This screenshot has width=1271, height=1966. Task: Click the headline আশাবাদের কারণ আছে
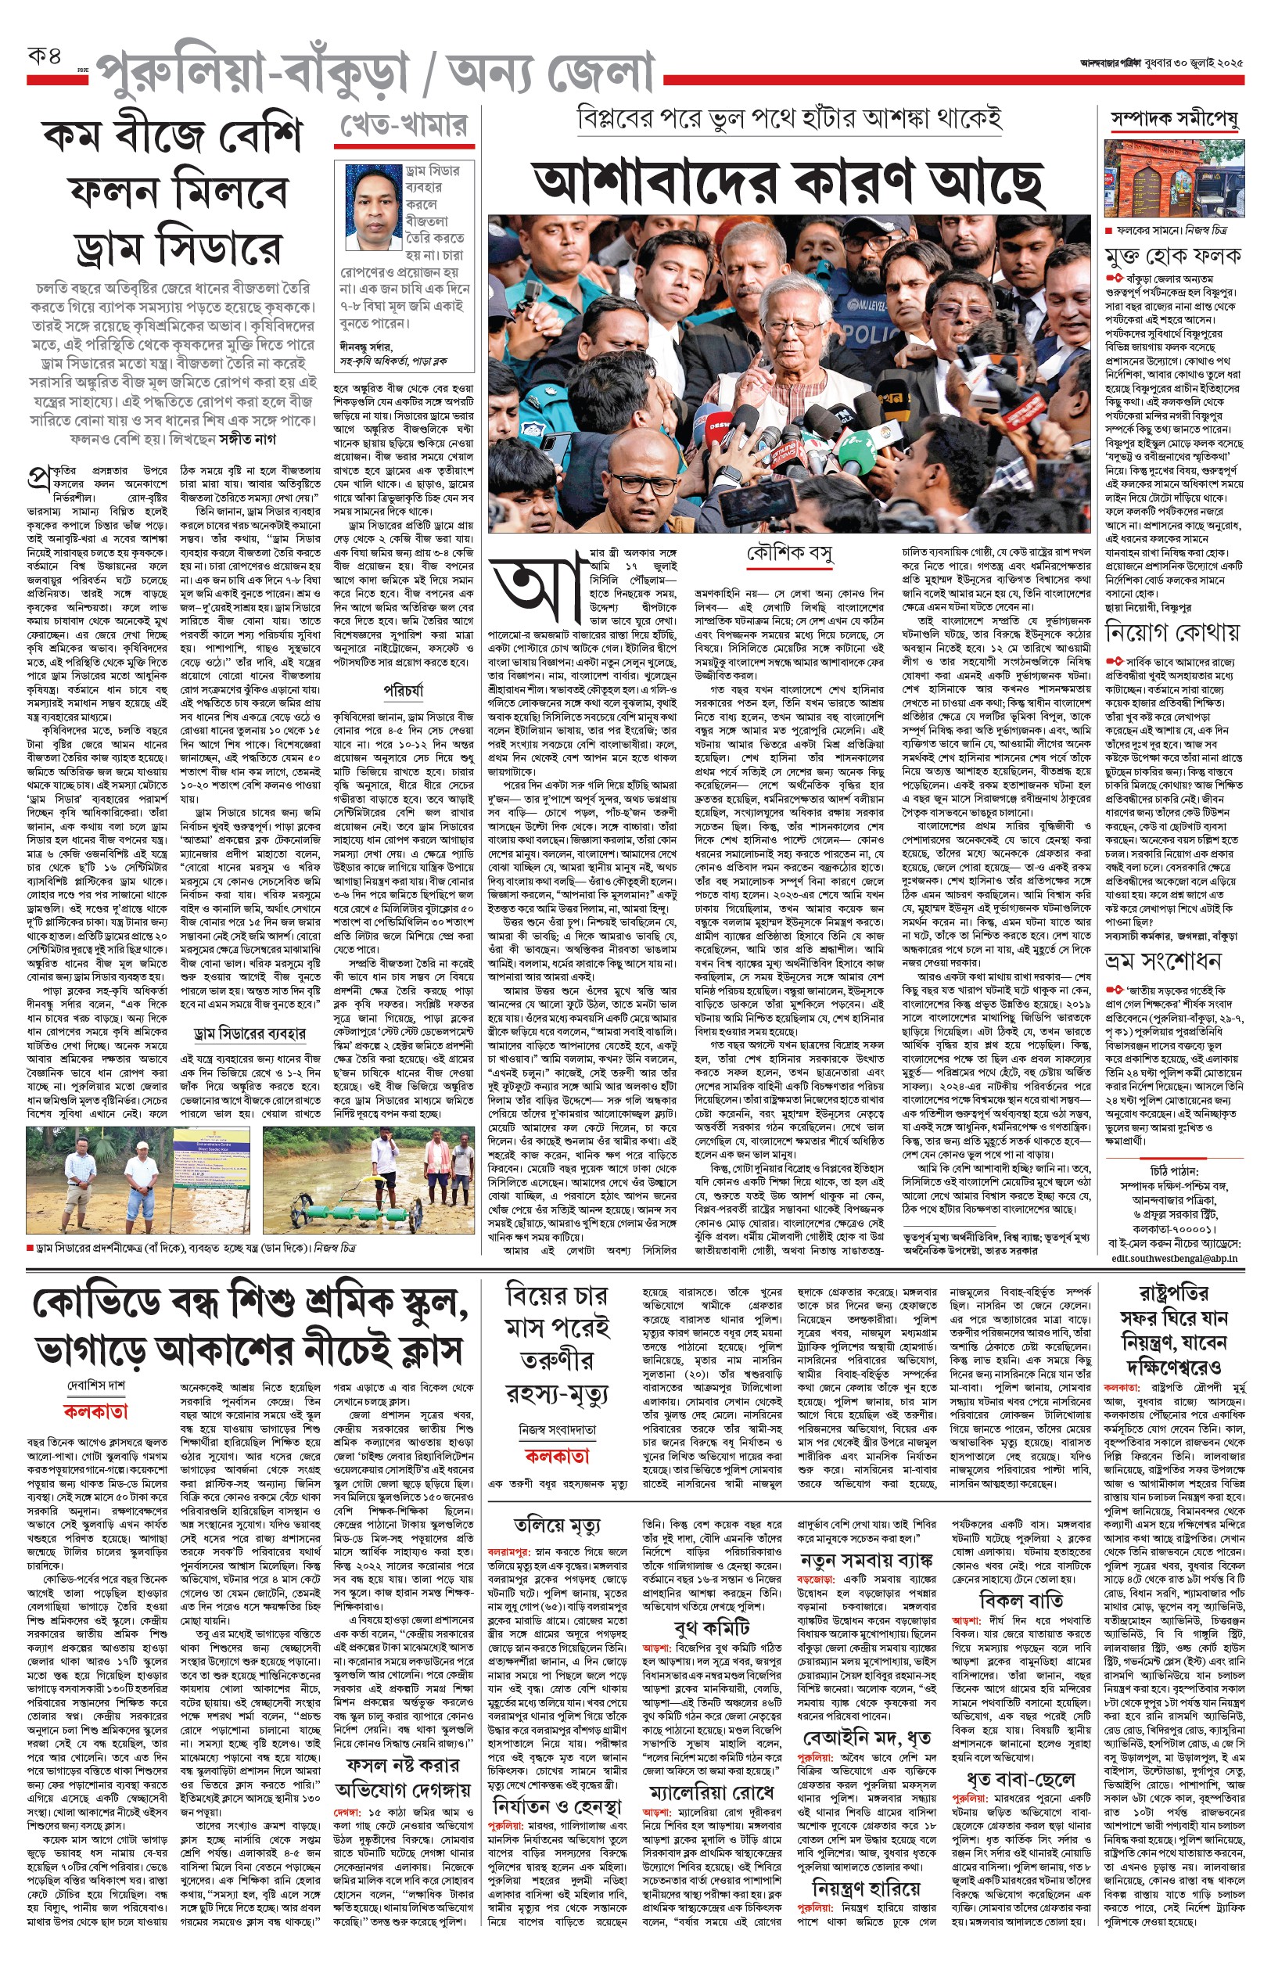tap(788, 181)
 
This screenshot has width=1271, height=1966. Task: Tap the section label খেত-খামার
tap(404, 125)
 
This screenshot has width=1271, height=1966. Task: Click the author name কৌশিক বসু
tap(789, 554)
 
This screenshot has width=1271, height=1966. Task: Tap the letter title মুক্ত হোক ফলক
tap(1172, 257)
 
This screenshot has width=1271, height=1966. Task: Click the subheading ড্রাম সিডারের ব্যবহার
tap(250, 1033)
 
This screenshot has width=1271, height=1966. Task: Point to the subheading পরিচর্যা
tap(404, 690)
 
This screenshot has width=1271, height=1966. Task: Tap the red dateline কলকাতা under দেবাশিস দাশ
tap(95, 1412)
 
